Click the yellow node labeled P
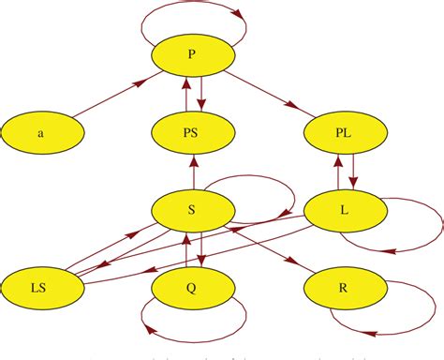point(192,56)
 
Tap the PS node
point(192,133)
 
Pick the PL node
point(344,133)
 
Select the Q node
point(192,285)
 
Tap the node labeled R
point(344,285)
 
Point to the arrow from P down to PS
point(201,95)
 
